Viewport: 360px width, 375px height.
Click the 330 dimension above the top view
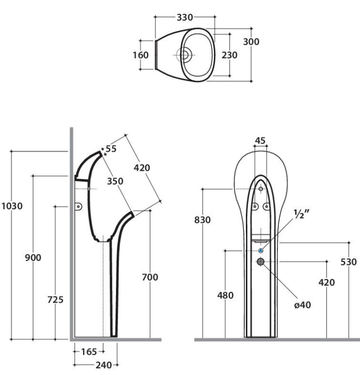point(185,17)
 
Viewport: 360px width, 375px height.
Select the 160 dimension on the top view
point(141,55)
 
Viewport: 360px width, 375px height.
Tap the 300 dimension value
point(251,42)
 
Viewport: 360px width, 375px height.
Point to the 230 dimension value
point(230,55)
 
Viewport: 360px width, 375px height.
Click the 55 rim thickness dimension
point(111,149)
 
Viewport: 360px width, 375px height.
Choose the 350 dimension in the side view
point(115,181)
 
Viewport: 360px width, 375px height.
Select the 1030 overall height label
point(12,206)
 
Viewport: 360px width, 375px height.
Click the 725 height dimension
point(56,299)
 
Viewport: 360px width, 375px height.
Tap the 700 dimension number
point(150,277)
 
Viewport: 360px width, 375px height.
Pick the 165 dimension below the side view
point(89,352)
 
